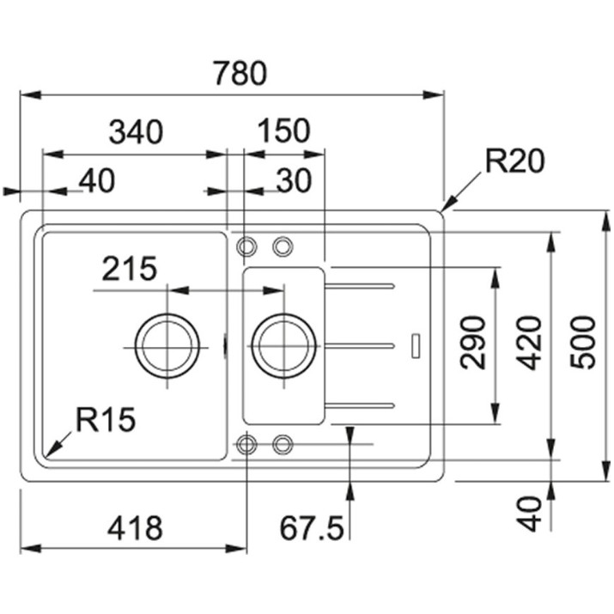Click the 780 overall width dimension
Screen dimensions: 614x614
click(x=240, y=73)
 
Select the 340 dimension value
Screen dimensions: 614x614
click(x=136, y=131)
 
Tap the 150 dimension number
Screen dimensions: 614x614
click(x=284, y=131)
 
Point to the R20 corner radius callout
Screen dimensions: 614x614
click(x=514, y=161)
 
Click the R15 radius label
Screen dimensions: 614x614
click(x=105, y=419)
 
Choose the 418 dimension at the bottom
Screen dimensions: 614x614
click(x=135, y=528)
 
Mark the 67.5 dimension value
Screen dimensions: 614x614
click(x=312, y=528)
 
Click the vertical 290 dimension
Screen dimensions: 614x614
click(x=472, y=343)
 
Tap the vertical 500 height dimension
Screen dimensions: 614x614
click(x=582, y=343)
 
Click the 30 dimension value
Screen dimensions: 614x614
click(x=294, y=180)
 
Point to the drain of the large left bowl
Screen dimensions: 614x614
click(x=167, y=347)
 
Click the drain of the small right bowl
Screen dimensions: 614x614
click(x=284, y=347)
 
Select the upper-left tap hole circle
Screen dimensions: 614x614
click(x=246, y=246)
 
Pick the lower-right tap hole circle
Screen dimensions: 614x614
click(x=283, y=445)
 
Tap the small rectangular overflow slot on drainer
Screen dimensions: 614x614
click(x=416, y=345)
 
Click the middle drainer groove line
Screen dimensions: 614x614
click(x=359, y=345)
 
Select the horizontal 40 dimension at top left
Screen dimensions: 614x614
click(x=97, y=180)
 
